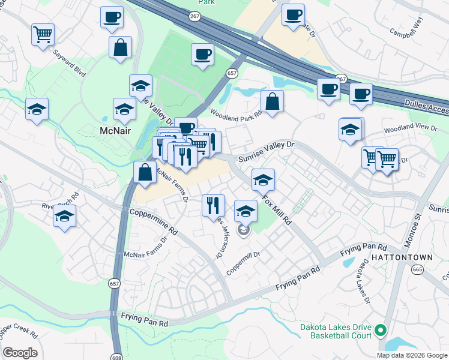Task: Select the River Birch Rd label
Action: pos(60,201)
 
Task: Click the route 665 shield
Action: pos(418,269)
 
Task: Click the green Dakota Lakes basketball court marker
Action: pos(380,330)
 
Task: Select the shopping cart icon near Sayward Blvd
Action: pos(43,34)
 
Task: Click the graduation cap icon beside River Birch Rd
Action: pos(64,217)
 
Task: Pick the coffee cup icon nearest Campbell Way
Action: pos(293,15)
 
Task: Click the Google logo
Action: pos(20,353)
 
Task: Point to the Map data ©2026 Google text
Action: pos(412,355)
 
